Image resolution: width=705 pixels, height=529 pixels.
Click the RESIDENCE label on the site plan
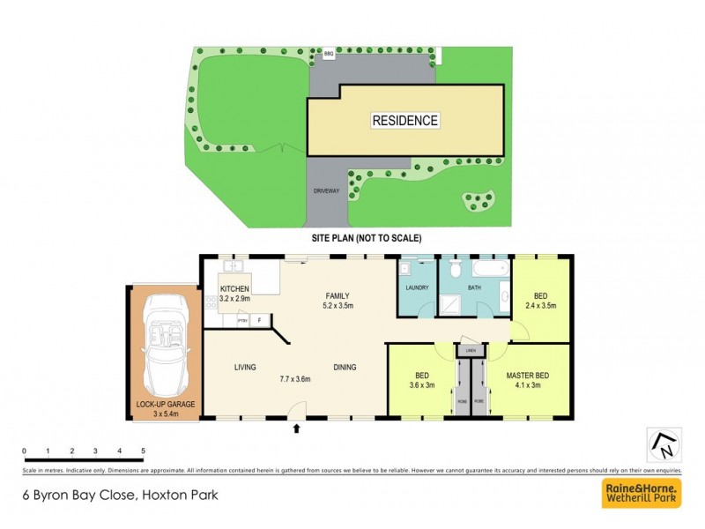(x=404, y=120)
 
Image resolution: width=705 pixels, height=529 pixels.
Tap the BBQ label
(x=329, y=56)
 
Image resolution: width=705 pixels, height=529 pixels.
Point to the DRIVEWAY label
(x=326, y=190)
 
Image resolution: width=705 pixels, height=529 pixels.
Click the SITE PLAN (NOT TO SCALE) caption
(x=366, y=238)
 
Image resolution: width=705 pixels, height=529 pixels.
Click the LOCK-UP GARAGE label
(x=165, y=404)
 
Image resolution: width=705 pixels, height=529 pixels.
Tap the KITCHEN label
(x=235, y=288)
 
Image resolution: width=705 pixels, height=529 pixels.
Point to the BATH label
(x=473, y=287)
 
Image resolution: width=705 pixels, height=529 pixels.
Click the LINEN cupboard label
(x=471, y=352)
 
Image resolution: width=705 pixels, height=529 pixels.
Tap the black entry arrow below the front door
(x=296, y=430)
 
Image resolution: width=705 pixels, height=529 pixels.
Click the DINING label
(x=345, y=367)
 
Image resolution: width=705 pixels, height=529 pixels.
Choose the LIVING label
(x=245, y=367)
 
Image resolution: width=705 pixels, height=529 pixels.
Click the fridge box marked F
(x=260, y=321)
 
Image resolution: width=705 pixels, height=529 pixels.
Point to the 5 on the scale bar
(x=143, y=451)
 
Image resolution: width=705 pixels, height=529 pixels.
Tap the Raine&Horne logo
(x=641, y=493)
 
